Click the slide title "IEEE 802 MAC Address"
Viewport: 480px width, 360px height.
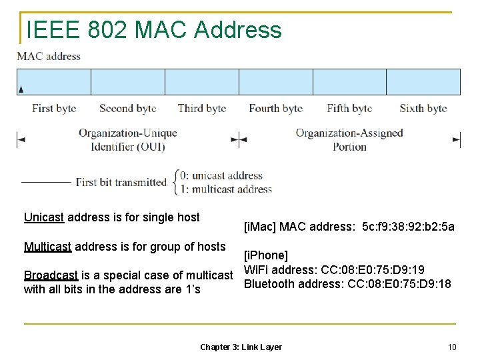153,30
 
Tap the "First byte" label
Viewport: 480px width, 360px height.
54,108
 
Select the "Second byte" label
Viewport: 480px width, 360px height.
127,108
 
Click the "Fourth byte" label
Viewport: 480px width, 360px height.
275,108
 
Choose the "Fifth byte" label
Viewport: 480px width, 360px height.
349,108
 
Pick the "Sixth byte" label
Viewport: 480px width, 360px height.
423,108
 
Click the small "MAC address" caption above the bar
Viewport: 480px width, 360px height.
49,56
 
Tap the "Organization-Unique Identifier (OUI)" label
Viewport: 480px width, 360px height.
128,139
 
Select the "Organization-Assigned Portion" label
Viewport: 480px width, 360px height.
349,139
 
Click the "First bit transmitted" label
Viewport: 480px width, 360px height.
121,182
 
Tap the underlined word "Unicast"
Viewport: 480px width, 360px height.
44,217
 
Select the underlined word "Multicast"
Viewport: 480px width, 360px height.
47,247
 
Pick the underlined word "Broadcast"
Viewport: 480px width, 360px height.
51,275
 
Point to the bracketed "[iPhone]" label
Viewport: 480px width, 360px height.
266,255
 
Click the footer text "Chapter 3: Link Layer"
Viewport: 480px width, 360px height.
241,347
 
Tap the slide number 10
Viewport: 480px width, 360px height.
452,347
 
